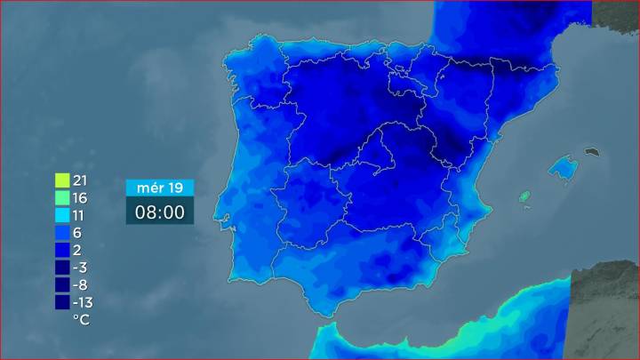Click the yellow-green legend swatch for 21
tap(62, 180)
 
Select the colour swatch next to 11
tap(62, 215)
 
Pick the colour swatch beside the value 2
tap(62, 250)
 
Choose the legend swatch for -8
tap(62, 284)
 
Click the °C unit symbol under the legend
tap(81, 318)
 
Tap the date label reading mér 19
tap(159, 188)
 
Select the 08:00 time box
tap(159, 212)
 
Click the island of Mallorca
tap(562, 166)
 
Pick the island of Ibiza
tap(524, 196)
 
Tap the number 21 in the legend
tap(82, 180)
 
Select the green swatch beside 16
tap(62, 198)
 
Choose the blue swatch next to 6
tap(62, 233)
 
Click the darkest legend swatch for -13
tap(62, 302)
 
